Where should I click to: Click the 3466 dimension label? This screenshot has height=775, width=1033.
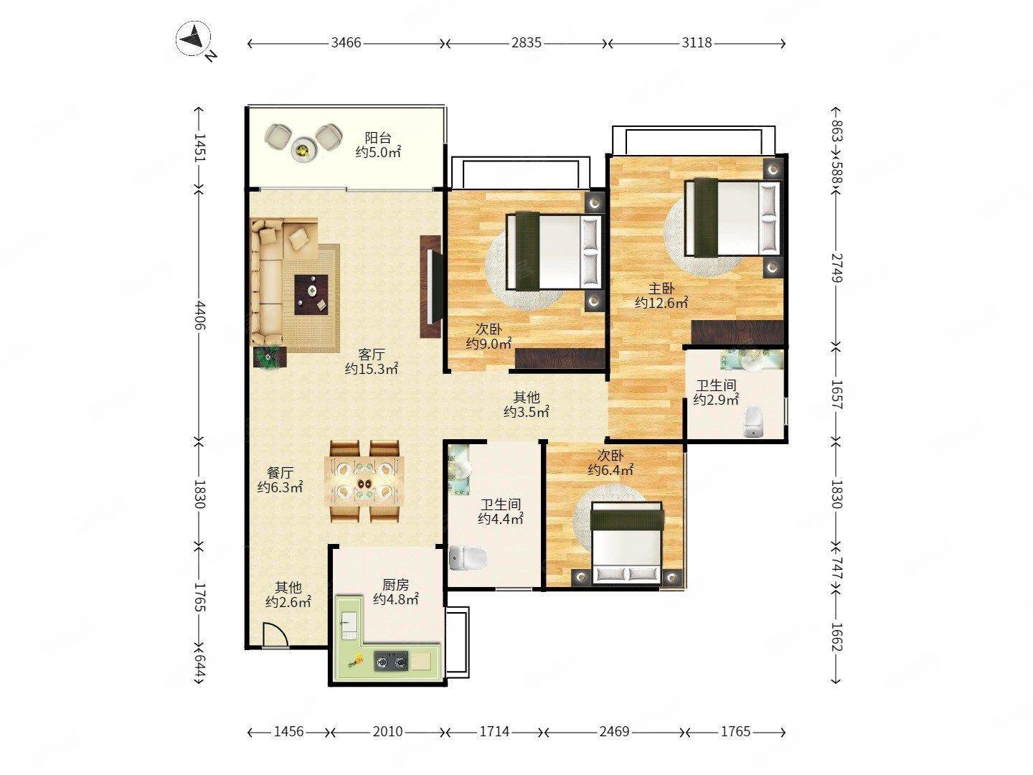pos(346,43)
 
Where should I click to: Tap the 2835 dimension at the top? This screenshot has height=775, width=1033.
pos(526,43)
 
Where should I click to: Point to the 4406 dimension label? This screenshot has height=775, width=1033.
pos(200,315)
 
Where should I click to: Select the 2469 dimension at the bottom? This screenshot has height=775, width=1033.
pos(614,731)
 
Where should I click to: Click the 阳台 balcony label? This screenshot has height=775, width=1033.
pos(378,138)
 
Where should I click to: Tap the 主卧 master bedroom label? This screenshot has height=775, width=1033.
pos(661,288)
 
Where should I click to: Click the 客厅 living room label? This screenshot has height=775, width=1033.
pos(372,354)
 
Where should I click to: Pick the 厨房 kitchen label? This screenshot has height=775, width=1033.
pos(395,584)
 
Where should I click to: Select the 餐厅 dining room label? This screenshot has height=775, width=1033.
pos(280,472)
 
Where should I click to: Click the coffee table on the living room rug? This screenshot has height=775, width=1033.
pos(311,294)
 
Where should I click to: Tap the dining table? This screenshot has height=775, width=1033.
pos(364,482)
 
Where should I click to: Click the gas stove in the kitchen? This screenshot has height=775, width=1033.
pos(391,661)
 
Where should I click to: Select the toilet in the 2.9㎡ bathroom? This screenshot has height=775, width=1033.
pos(753,421)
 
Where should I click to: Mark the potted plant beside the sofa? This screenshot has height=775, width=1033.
pos(268,357)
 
